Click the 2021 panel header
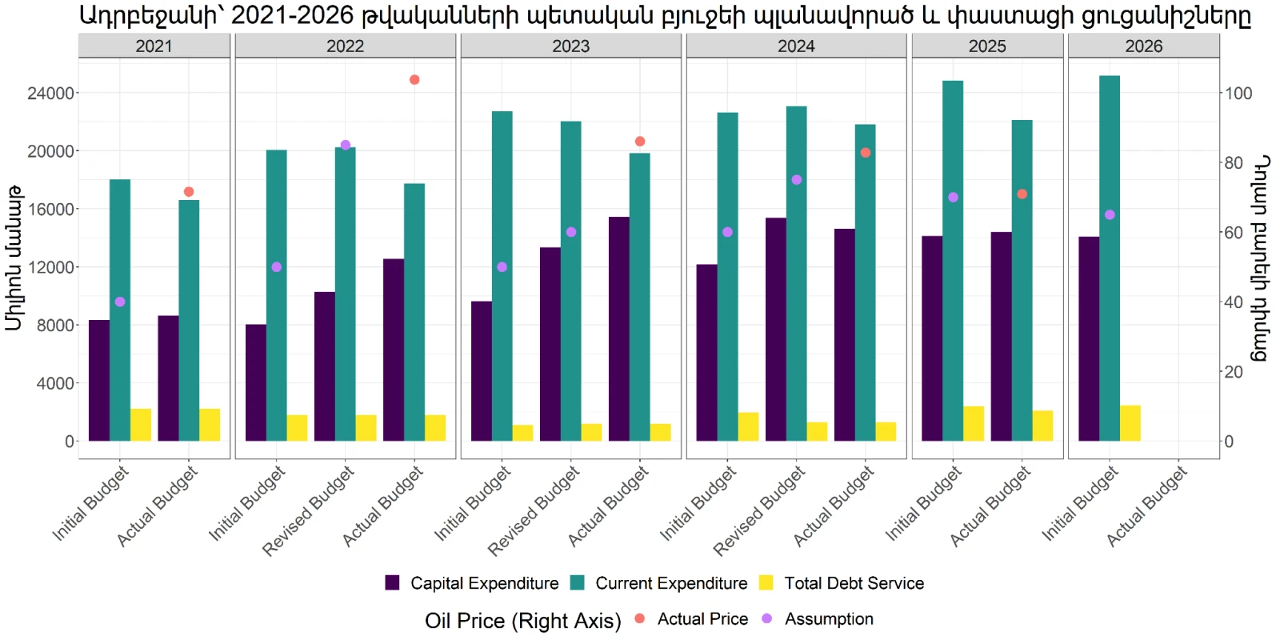pyautogui.click(x=154, y=46)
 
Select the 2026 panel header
pyautogui.click(x=1143, y=46)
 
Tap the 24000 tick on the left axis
pyautogui.click(x=51, y=93)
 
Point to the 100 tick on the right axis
pyautogui.click(x=1237, y=93)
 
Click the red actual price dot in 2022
pyautogui.click(x=414, y=79)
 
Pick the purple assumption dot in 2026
pyautogui.click(x=1110, y=215)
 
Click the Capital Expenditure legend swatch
pyautogui.click(x=392, y=583)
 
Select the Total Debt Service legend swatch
pyautogui.click(x=766, y=583)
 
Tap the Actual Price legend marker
pyautogui.click(x=639, y=618)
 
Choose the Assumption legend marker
pyautogui.click(x=767, y=618)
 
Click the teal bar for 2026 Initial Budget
pyautogui.click(x=1110, y=258)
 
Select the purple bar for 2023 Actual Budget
pyautogui.click(x=619, y=329)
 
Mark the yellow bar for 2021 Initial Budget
pyautogui.click(x=141, y=425)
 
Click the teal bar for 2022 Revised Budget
pyautogui.click(x=345, y=294)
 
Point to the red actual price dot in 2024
pyautogui.click(x=866, y=153)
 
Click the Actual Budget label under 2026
pyautogui.click(x=1147, y=506)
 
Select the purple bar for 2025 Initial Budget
pyautogui.click(x=932, y=339)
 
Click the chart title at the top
pyautogui.click(x=665, y=15)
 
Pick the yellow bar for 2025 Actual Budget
pyautogui.click(x=1043, y=426)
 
